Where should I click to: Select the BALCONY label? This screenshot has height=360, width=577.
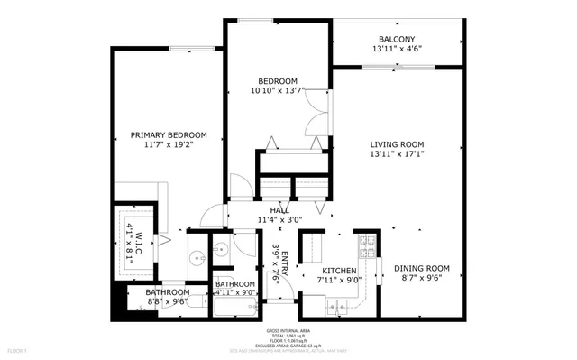click(397, 39)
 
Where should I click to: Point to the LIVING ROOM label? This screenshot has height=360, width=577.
click(397, 143)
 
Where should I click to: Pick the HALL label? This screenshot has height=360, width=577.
click(267, 209)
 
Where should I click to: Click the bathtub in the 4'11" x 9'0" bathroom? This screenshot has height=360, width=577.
click(234, 309)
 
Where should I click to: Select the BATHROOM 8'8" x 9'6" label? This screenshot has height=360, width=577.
click(168, 292)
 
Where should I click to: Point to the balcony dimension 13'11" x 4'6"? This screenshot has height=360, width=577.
click(397, 49)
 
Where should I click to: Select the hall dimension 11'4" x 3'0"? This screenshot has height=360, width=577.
click(279, 219)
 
